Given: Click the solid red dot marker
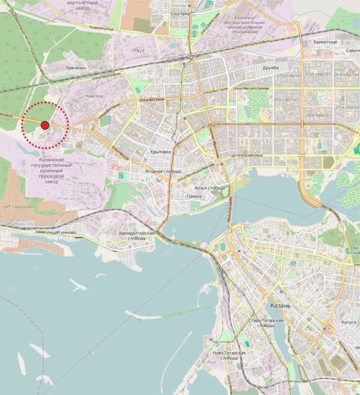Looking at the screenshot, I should click(x=44, y=125).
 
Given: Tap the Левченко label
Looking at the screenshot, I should click(x=75, y=68).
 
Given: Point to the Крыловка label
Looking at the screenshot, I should click(x=161, y=152).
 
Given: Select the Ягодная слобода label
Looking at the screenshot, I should click(x=159, y=171).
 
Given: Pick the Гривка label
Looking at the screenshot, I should click(x=194, y=197).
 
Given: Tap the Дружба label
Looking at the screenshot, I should click(x=271, y=67).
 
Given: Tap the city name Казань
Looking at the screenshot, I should click(x=282, y=306).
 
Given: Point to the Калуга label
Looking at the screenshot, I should click(x=332, y=324).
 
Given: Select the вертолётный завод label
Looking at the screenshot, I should click(x=83, y=5).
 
